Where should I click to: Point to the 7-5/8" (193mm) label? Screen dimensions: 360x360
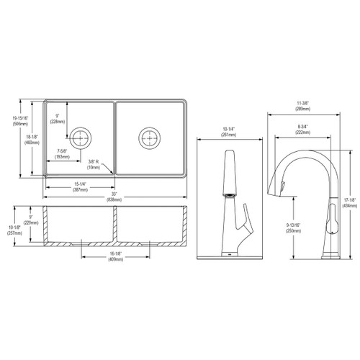coord(63,153)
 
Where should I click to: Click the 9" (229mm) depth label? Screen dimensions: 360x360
coord(30,220)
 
